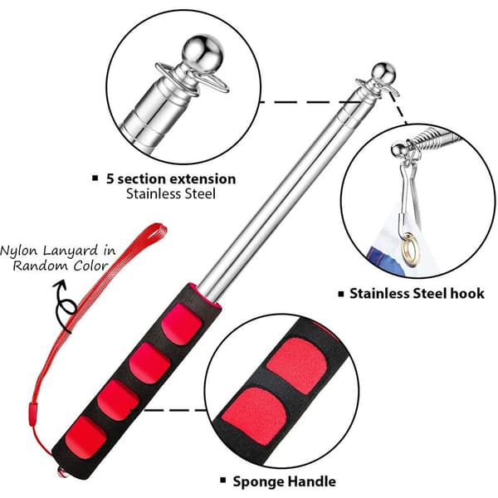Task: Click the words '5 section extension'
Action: (171, 179)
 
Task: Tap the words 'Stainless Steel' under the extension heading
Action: (171, 193)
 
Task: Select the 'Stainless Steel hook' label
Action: (417, 293)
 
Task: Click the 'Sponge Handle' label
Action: (284, 481)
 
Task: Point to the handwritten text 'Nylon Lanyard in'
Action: (58, 251)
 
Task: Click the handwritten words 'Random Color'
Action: (61, 266)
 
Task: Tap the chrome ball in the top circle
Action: (203, 54)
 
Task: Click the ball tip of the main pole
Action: (383, 74)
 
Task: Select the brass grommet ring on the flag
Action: (411, 250)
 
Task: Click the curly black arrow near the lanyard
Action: (65, 305)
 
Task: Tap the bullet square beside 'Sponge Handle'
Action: (223, 480)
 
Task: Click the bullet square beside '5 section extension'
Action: (95, 178)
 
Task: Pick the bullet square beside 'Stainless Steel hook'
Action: (341, 294)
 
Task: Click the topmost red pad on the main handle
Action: (181, 324)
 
